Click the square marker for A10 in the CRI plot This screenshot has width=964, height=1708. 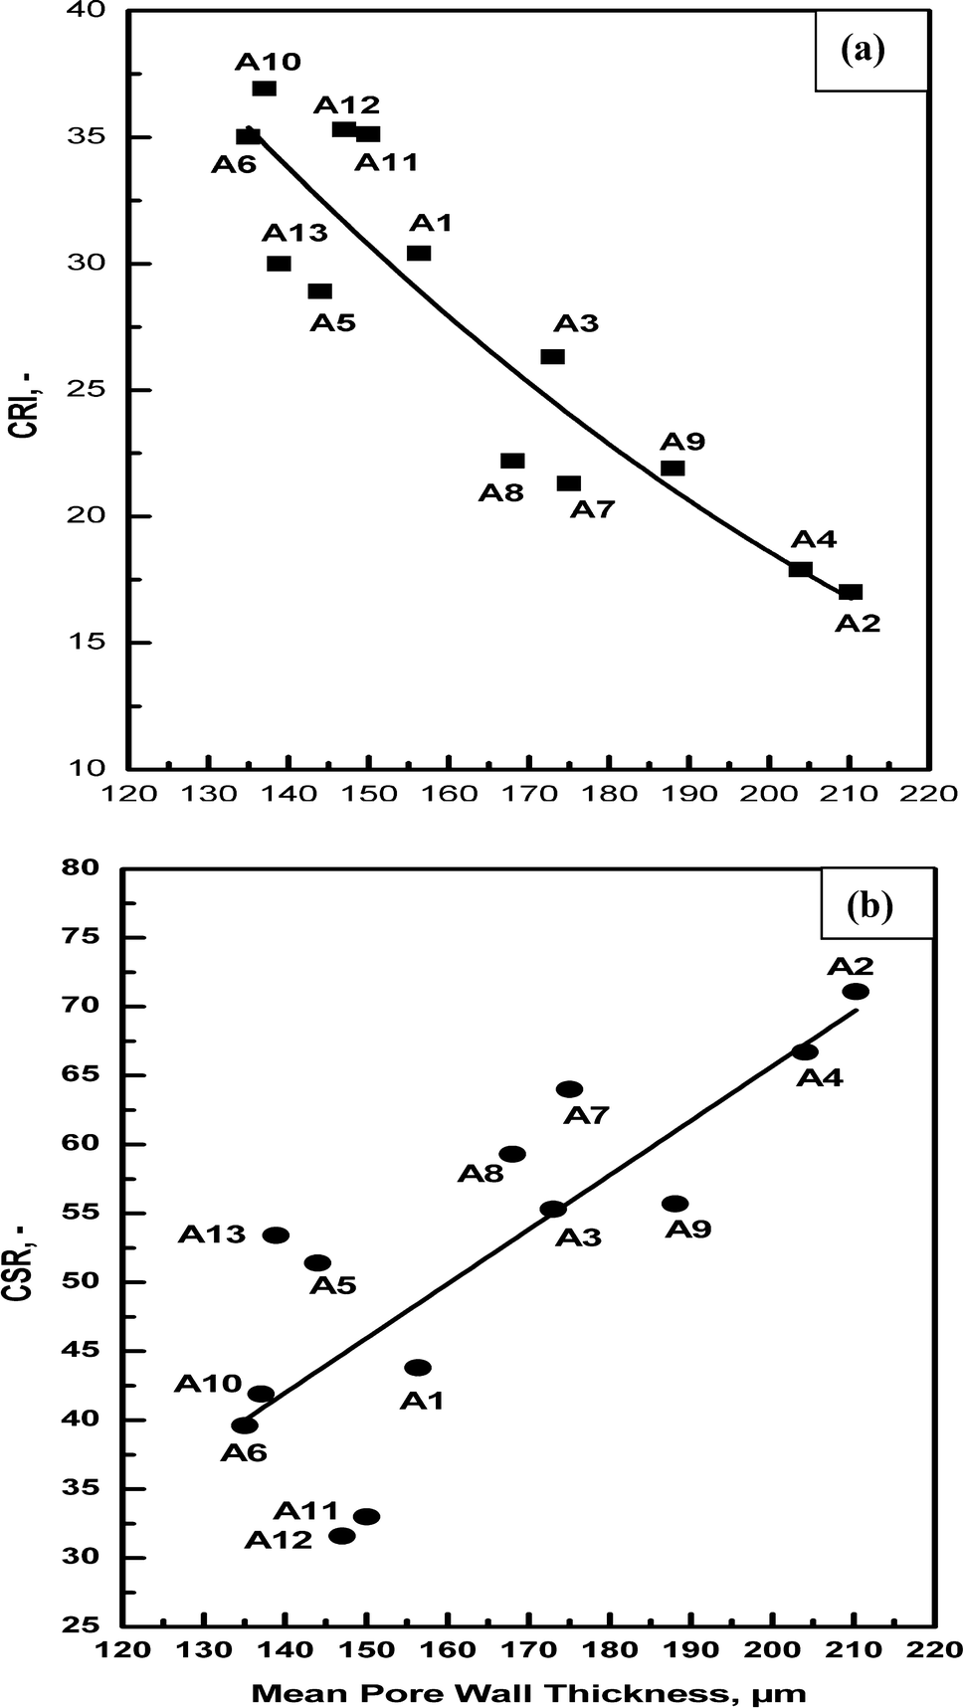pyautogui.click(x=264, y=89)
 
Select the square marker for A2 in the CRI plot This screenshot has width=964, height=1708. pyautogui.click(x=851, y=592)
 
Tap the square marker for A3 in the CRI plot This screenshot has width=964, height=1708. pyautogui.click(x=552, y=356)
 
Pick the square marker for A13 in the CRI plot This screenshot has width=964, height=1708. pyautogui.click(x=279, y=264)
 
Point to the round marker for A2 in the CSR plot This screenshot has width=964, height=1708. pyautogui.click(x=856, y=991)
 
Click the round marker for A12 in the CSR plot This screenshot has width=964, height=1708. pyautogui.click(x=342, y=1536)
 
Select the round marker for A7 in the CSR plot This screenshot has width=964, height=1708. pyautogui.click(x=570, y=1089)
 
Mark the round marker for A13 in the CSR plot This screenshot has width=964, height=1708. pyautogui.click(x=277, y=1235)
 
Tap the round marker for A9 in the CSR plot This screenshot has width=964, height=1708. pyautogui.click(x=675, y=1204)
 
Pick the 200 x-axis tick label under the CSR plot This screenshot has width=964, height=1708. pyautogui.click(x=773, y=1648)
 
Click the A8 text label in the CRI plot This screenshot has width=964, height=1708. pyautogui.click(x=501, y=492)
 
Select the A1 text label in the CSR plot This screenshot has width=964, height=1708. pyautogui.click(x=422, y=1401)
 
